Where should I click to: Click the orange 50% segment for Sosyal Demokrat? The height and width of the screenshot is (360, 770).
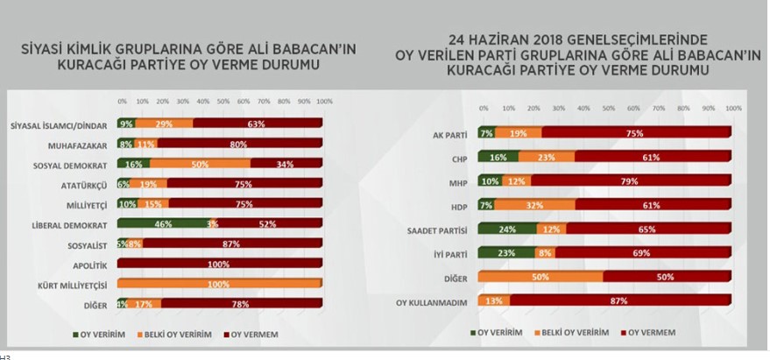pos(200,164)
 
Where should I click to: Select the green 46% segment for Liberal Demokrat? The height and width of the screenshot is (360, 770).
pos(162,224)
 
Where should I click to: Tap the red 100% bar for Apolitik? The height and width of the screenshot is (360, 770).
pos(219,264)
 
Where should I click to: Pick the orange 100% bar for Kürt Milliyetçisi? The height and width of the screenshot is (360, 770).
pos(219,285)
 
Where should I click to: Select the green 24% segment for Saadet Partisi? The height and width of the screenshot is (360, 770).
pos(506,229)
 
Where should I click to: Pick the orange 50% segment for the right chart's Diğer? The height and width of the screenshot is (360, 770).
pos(540,277)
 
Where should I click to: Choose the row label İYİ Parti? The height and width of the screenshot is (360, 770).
pos(446,252)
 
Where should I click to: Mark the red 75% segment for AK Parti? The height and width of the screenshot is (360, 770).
pos(636,133)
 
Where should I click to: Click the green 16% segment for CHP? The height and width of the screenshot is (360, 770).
pos(498,157)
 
